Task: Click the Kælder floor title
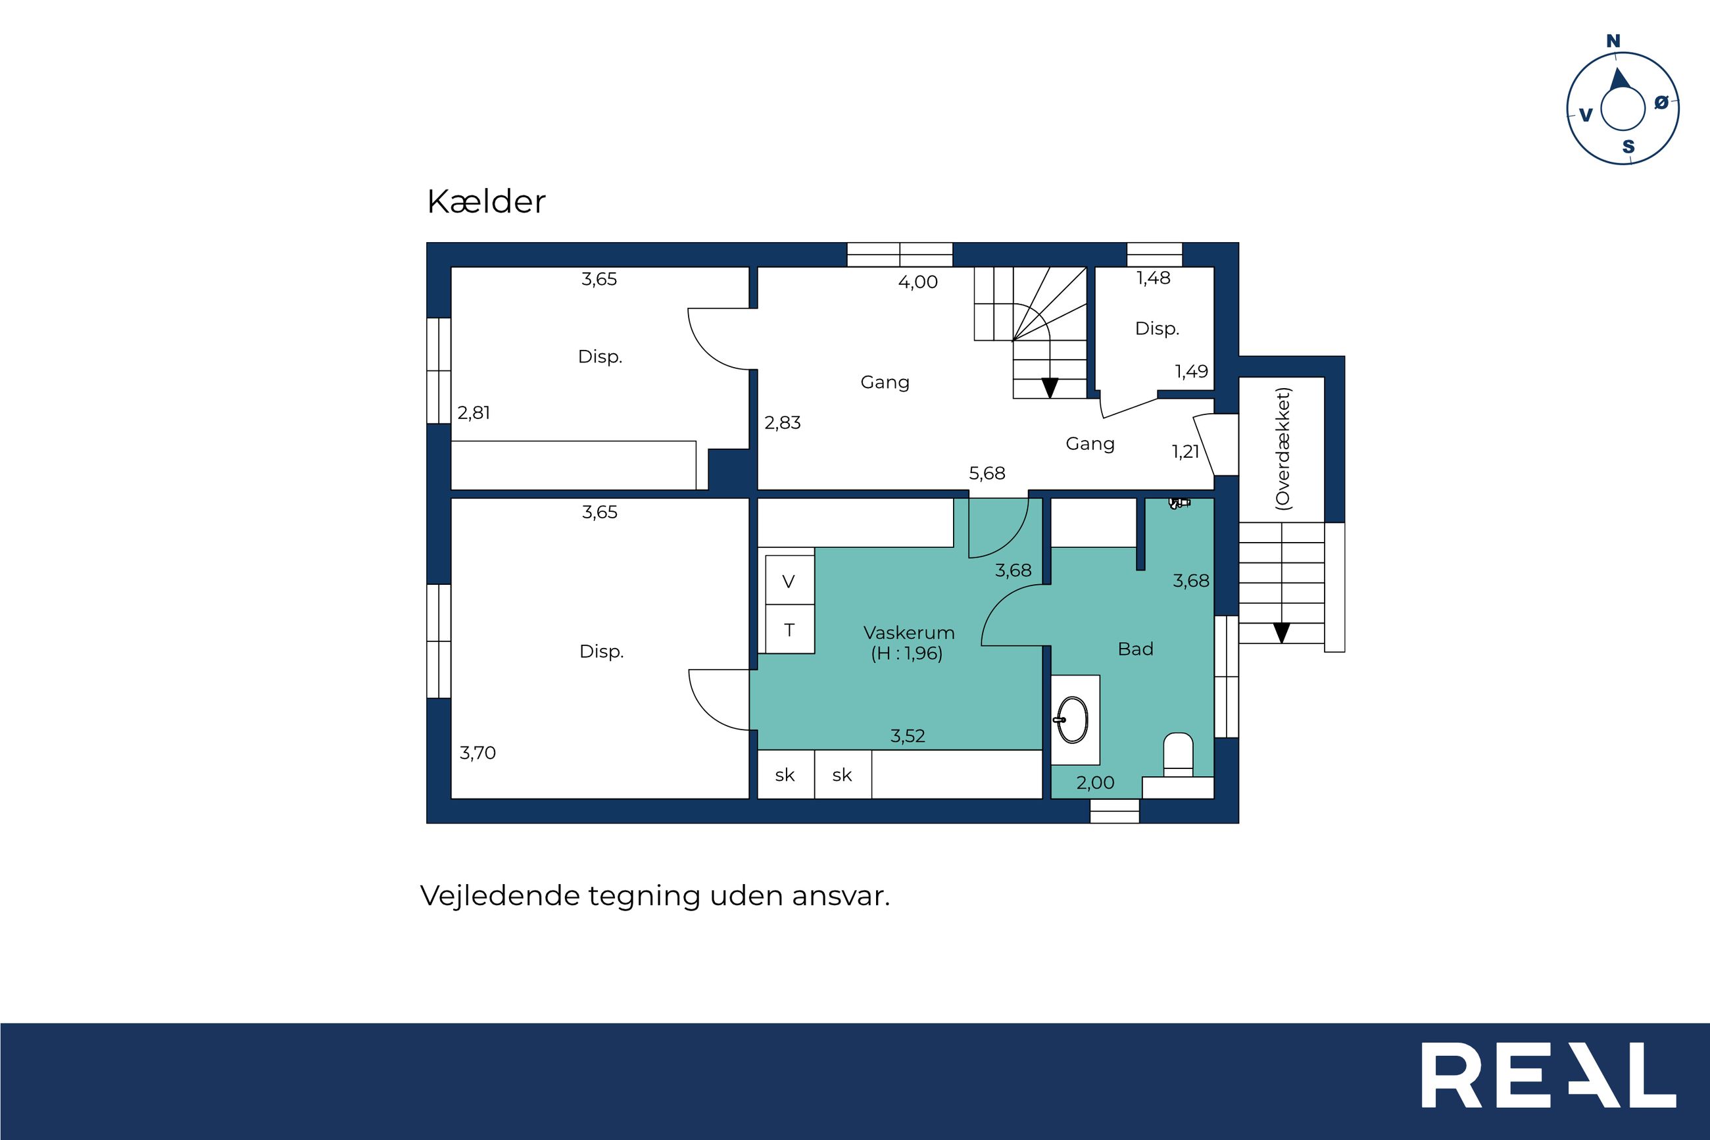pos(485,201)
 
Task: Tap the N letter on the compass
pos(1613,41)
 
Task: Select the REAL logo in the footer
pos(1549,1075)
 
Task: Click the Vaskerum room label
pos(908,633)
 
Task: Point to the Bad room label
pos(1135,649)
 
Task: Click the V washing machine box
pos(790,580)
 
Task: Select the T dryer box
pos(790,629)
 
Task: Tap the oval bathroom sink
pos(1073,720)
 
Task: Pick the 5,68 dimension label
pos(987,474)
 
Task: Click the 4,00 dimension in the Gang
pos(918,282)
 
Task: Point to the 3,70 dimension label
pos(477,753)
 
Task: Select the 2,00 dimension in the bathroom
pos(1095,782)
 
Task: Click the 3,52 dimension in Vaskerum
pos(908,735)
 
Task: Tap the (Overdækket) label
pos(1282,449)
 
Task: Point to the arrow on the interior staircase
pos(1050,387)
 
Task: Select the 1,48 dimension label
pos(1154,278)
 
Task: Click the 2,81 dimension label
pos(474,413)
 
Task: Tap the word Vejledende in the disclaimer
pos(501,895)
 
